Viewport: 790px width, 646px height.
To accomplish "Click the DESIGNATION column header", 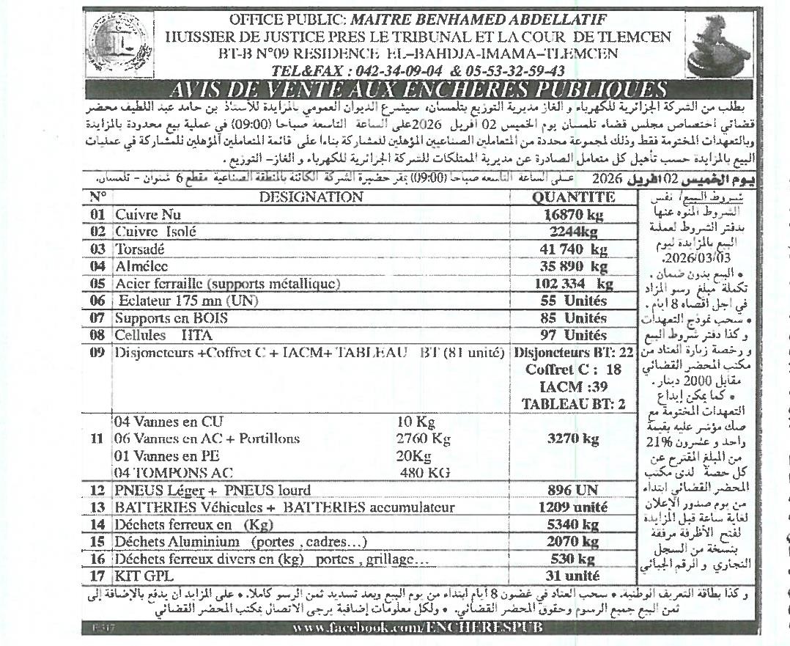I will [311, 197].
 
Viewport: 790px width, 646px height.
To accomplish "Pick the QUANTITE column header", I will [573, 197].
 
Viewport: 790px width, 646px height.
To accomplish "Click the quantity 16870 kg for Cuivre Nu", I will [572, 215].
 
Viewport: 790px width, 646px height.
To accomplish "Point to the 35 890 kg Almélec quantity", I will [573, 266].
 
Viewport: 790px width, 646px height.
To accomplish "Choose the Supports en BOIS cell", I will [171, 318].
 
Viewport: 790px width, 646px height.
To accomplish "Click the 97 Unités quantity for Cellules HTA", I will [573, 336].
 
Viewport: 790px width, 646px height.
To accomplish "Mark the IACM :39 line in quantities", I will [573, 387].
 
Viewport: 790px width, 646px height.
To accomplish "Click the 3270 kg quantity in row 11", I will [573, 439].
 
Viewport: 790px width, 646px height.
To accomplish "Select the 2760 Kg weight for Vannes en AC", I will [423, 439].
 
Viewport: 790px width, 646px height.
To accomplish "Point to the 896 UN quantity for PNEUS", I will [573, 491].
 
